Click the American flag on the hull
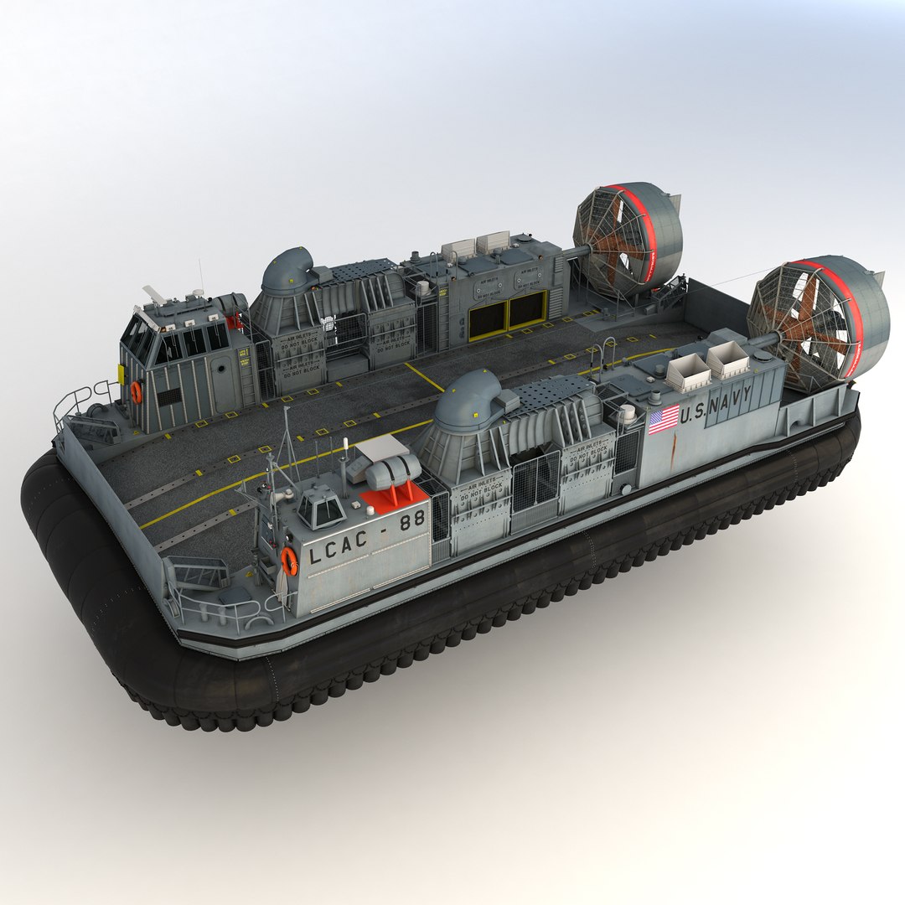click(x=664, y=419)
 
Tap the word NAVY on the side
click(x=728, y=401)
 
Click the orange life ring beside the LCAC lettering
click(x=288, y=561)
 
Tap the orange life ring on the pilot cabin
click(x=136, y=391)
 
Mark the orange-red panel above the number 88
click(x=392, y=498)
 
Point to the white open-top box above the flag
click(x=687, y=373)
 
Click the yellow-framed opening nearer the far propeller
click(x=527, y=309)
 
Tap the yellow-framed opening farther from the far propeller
click(x=487, y=320)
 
